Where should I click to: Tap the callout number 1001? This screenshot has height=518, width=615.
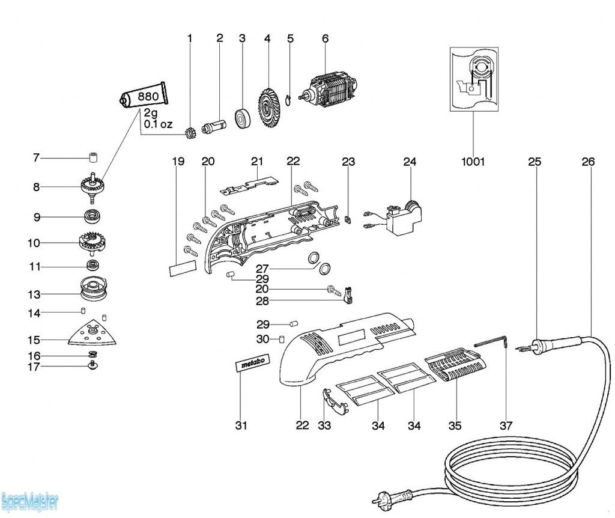tap(473, 162)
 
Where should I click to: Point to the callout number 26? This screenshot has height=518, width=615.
tap(588, 162)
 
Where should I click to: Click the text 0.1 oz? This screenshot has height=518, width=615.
tap(158, 124)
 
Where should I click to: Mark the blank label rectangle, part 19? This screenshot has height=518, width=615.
tap(183, 268)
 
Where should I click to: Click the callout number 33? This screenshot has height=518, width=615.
tap(324, 425)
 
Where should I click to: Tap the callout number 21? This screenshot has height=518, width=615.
tap(257, 162)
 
